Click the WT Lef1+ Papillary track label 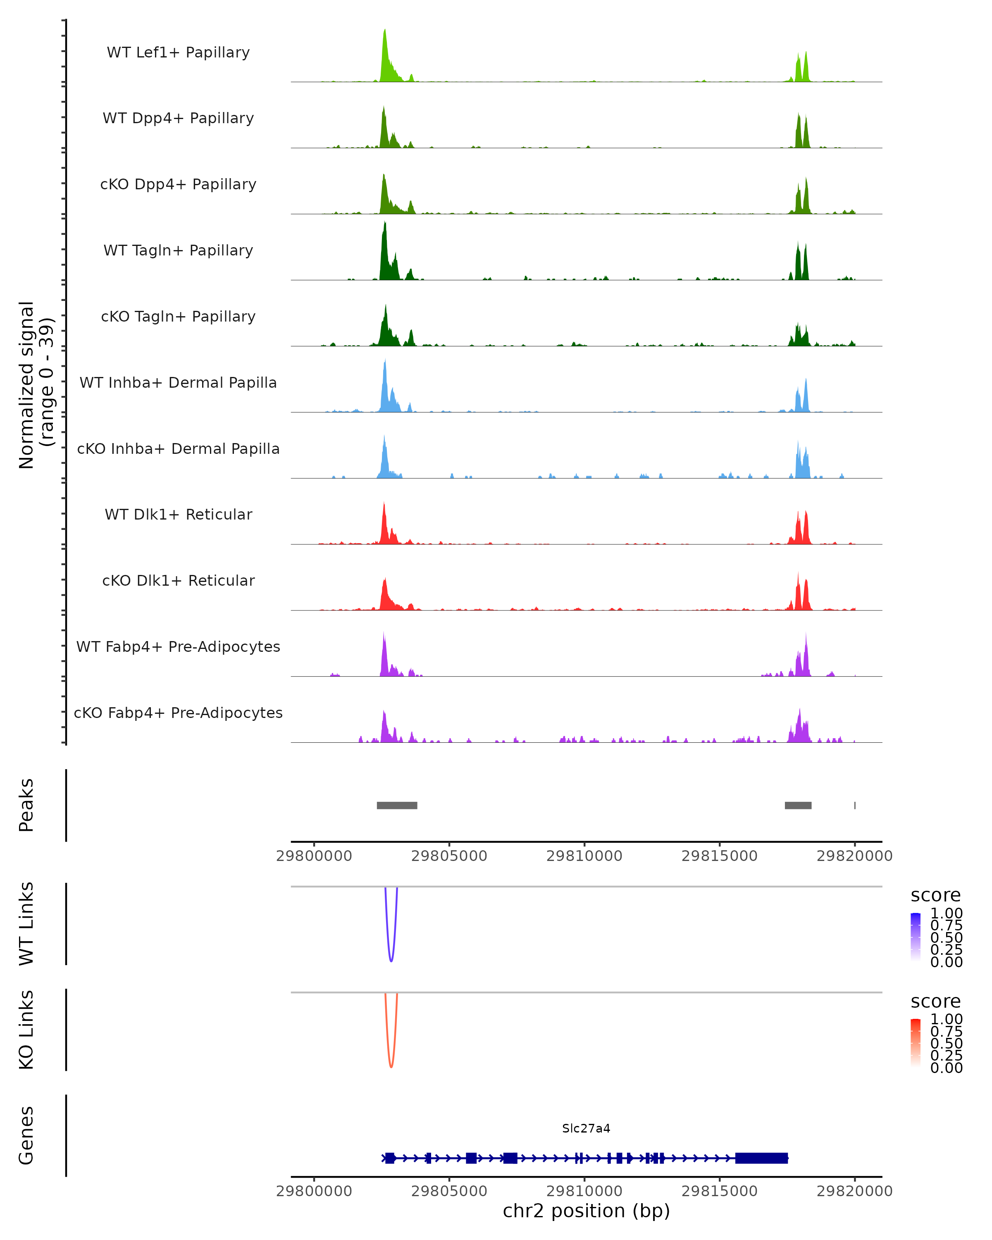(x=178, y=52)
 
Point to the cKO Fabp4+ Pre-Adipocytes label (x=178, y=713)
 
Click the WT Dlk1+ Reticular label (x=178, y=514)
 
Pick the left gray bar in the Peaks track (x=397, y=805)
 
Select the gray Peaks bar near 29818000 (x=798, y=805)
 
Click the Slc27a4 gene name (x=586, y=1128)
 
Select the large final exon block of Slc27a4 (x=761, y=1158)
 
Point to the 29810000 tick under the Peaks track (x=584, y=856)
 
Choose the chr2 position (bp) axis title (x=586, y=1211)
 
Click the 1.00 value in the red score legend (x=946, y=1019)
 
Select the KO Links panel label (x=26, y=1030)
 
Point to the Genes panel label (x=26, y=1135)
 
